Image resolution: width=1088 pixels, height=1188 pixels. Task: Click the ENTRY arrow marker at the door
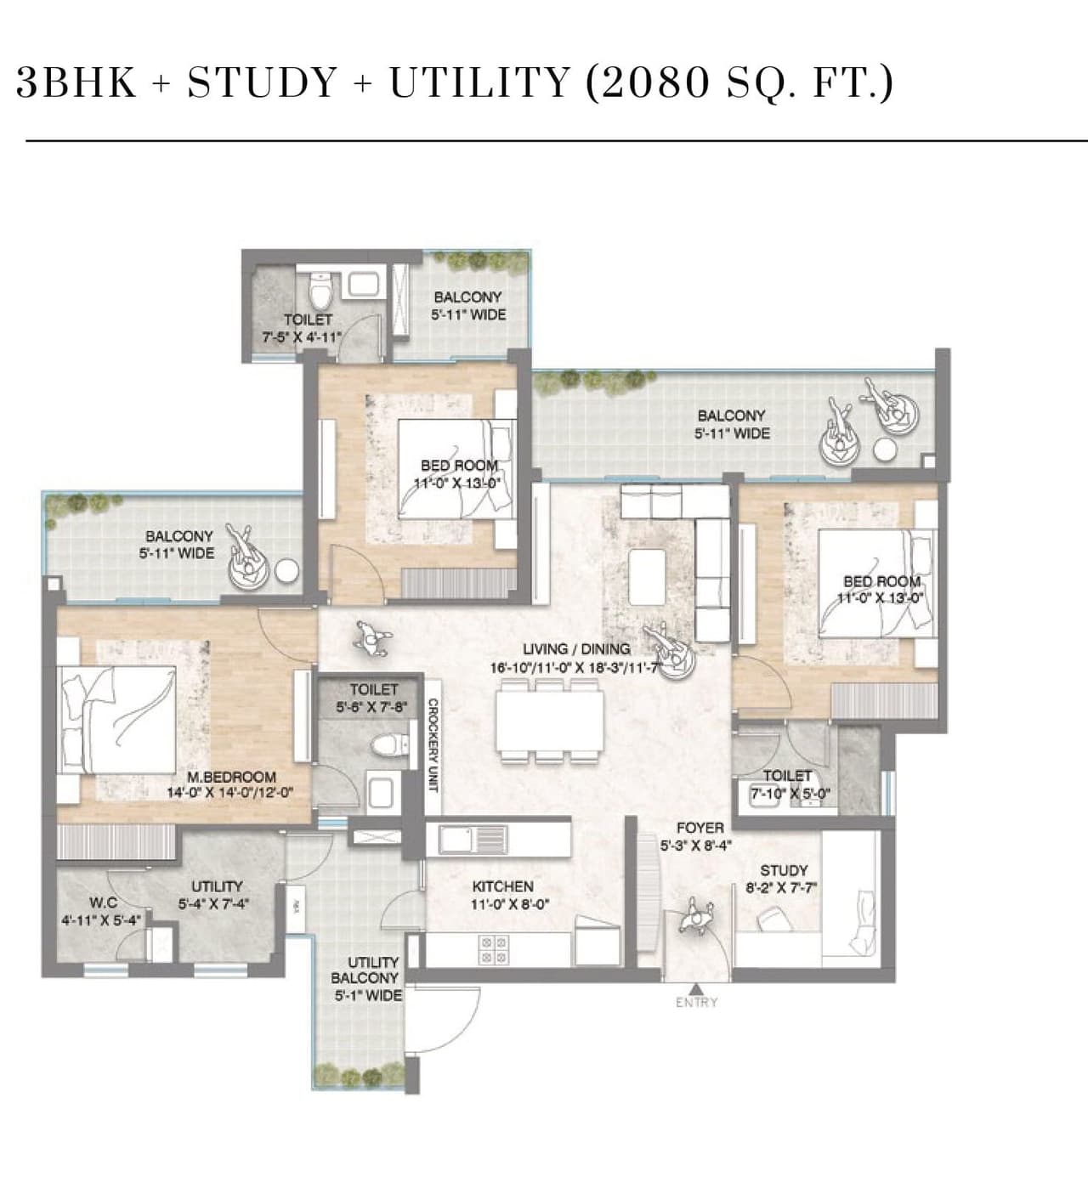click(696, 988)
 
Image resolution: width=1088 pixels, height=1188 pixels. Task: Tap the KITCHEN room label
click(502, 886)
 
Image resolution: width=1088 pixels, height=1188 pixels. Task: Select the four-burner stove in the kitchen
click(494, 949)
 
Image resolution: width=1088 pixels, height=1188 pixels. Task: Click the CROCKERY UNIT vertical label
click(433, 744)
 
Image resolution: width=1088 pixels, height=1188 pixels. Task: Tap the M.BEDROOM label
click(231, 777)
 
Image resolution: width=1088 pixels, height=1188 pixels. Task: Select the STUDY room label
click(783, 870)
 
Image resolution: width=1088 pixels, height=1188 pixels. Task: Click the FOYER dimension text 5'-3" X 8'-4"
click(696, 846)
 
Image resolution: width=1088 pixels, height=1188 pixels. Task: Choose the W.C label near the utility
click(103, 902)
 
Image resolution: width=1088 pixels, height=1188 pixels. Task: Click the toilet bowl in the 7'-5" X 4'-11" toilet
click(320, 292)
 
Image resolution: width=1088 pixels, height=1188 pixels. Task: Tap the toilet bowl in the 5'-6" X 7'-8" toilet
click(385, 746)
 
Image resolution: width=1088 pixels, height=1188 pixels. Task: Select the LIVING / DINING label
click(576, 648)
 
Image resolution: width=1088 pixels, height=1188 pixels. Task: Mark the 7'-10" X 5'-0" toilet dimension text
click(790, 795)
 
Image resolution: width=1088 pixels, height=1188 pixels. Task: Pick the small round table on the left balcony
click(287, 571)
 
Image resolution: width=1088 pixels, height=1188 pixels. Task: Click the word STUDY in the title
click(263, 82)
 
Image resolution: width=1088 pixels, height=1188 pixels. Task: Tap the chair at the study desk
click(775, 919)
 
